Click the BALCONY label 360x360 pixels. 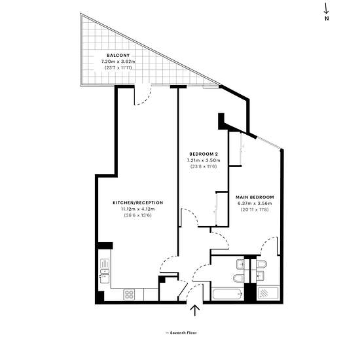tap(118, 56)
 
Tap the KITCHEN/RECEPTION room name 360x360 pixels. tap(138, 203)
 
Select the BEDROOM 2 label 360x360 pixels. tap(204, 154)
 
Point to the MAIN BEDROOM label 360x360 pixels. tap(255, 197)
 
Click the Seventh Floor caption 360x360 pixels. tap(181, 333)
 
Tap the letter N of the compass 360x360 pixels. tap(327, 18)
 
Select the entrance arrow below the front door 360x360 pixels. tap(195, 311)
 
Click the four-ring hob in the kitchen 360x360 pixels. tap(129, 295)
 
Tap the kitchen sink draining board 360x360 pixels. tap(105, 264)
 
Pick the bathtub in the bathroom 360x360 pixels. tap(227, 294)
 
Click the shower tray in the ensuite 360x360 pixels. tap(268, 293)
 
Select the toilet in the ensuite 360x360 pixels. tap(262, 264)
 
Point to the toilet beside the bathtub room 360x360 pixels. tap(238, 278)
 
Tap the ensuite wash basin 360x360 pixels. tap(260, 274)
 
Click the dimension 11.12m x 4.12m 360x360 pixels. tap(138, 209)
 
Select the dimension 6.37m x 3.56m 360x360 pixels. tap(255, 204)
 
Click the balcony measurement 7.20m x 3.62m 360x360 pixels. tap(118, 62)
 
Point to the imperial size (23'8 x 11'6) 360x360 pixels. tap(204, 166)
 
